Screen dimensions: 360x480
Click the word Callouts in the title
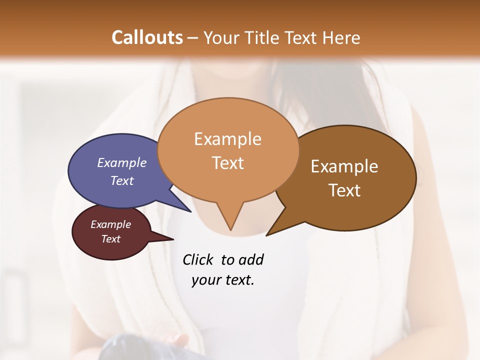(x=147, y=37)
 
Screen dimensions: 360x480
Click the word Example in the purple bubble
(x=122, y=162)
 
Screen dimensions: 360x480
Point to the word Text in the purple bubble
(x=122, y=180)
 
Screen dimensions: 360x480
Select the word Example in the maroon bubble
(x=110, y=224)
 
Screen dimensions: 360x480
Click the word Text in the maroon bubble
(x=110, y=239)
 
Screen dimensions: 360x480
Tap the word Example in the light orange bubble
(x=227, y=139)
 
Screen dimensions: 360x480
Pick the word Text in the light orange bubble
(x=227, y=163)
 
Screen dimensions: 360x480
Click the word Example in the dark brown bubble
(x=344, y=166)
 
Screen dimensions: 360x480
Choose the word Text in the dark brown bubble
(x=344, y=190)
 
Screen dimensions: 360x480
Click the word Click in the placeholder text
(x=198, y=259)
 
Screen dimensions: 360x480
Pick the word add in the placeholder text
(x=251, y=259)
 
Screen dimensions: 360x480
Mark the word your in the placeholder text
(x=203, y=279)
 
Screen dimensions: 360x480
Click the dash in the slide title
(x=193, y=38)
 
